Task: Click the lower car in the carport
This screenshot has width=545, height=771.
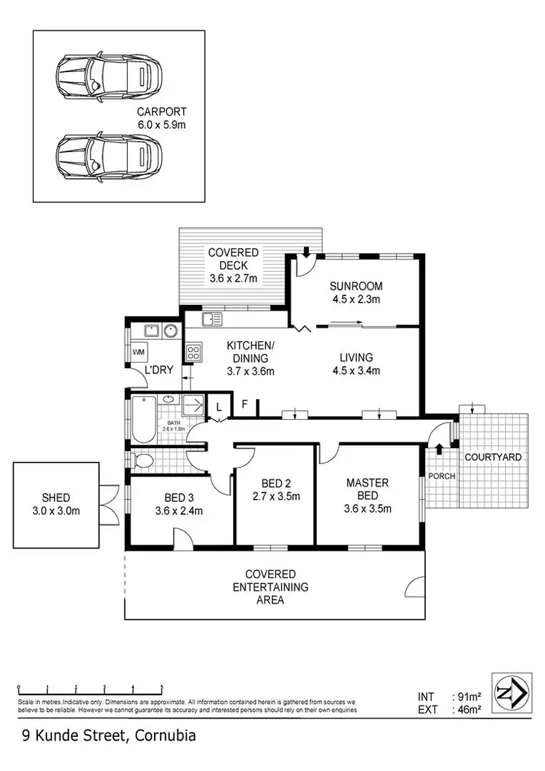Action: [x=109, y=153]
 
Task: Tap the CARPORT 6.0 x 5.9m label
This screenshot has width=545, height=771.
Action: [x=161, y=118]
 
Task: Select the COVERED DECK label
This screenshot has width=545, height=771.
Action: [x=233, y=265]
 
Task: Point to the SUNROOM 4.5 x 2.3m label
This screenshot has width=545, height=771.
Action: [x=356, y=292]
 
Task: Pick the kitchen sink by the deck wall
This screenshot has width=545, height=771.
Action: [x=213, y=319]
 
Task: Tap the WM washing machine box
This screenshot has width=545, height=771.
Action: [x=138, y=353]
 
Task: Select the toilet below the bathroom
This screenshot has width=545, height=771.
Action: [x=143, y=459]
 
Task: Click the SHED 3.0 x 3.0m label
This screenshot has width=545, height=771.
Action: [x=56, y=503]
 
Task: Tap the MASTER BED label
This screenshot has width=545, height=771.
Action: [x=367, y=495]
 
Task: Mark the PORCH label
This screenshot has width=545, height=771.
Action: [x=441, y=476]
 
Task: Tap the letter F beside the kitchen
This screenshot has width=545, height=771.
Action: [x=245, y=403]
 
